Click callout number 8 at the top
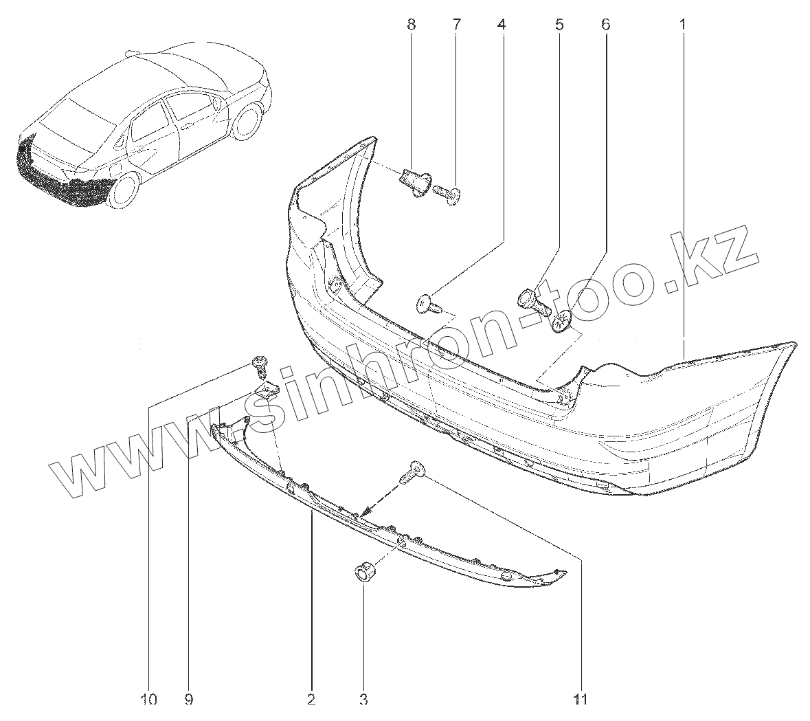pyautogui.click(x=411, y=25)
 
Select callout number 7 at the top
pyautogui.click(x=456, y=25)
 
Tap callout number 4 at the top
pyautogui.click(x=502, y=25)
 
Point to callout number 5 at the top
pyautogui.click(x=559, y=25)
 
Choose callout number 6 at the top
pyautogui.click(x=605, y=25)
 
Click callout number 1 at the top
pyautogui.click(x=683, y=25)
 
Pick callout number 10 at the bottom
pyautogui.click(x=148, y=700)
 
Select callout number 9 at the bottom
pyautogui.click(x=189, y=700)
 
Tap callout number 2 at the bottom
pyautogui.click(x=311, y=700)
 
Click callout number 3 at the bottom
pyautogui.click(x=363, y=700)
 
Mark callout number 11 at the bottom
pyautogui.click(x=581, y=700)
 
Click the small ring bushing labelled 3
pyautogui.click(x=363, y=571)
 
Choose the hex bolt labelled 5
pyautogui.click(x=532, y=302)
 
